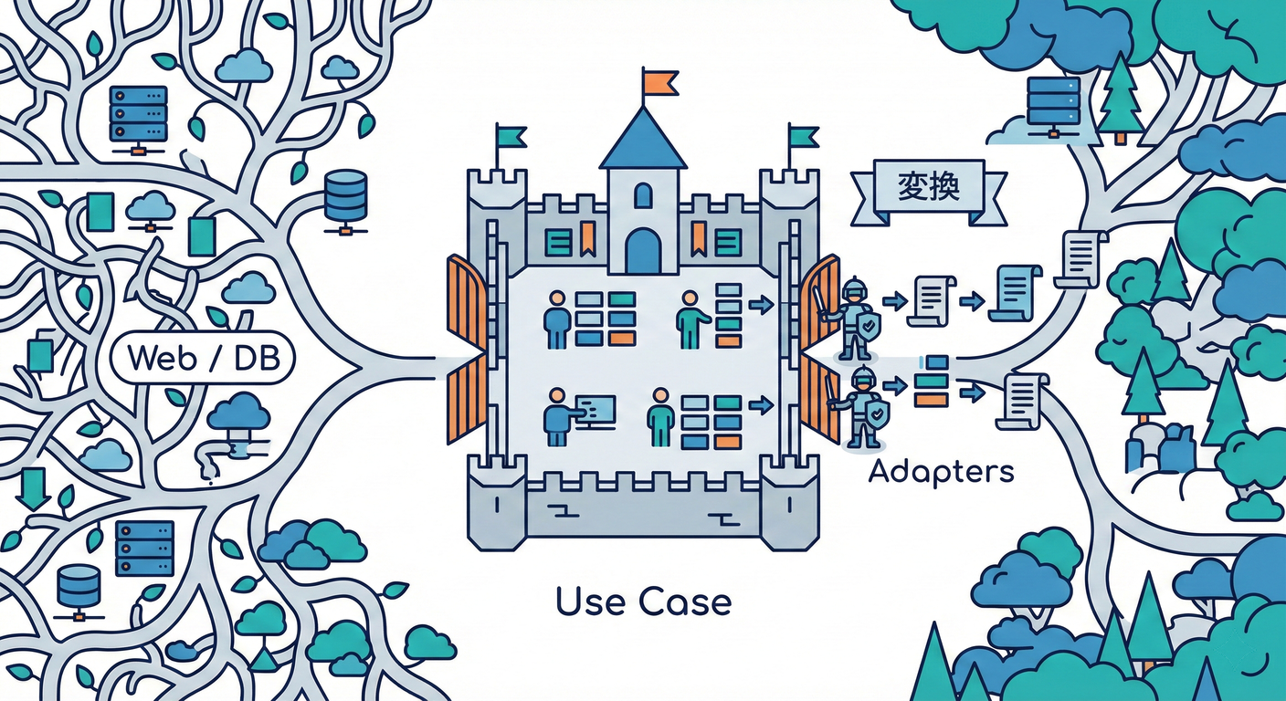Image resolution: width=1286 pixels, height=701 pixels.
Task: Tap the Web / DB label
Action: [203, 359]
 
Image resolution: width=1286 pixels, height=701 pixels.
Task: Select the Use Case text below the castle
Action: [644, 602]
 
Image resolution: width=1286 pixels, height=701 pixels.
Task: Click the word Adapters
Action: [941, 472]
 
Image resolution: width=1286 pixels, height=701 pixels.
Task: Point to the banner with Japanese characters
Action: [929, 193]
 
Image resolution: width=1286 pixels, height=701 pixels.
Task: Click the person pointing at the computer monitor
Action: [557, 417]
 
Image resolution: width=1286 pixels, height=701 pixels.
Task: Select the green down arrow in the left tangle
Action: [33, 487]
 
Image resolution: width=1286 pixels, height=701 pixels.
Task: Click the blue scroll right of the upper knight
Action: [1015, 293]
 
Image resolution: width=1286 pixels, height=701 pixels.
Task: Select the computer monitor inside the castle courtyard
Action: [596, 412]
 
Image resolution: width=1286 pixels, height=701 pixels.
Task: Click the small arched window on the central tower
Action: [643, 195]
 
